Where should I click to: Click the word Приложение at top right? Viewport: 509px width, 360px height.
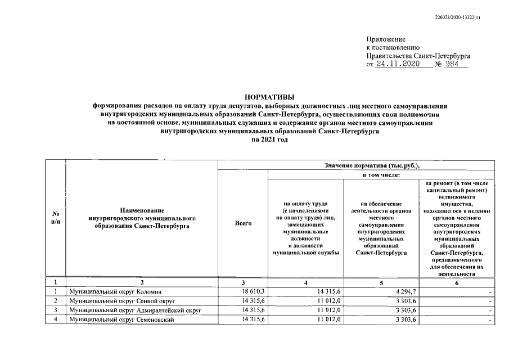[386, 39]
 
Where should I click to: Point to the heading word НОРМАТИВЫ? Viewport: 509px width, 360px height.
[269, 97]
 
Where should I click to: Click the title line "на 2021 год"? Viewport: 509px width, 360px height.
[269, 139]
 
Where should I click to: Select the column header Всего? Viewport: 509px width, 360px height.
[243, 223]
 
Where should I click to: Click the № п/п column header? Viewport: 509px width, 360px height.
[56, 219]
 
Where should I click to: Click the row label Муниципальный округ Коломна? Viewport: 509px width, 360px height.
[115, 292]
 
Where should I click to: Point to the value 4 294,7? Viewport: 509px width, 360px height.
[404, 292]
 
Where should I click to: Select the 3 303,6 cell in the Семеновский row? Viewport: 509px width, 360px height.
[404, 319]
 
